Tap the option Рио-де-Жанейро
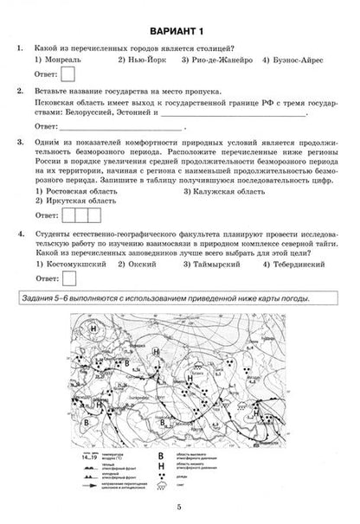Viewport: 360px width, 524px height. pyautogui.click(x=216, y=62)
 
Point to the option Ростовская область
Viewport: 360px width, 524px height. pyautogui.click(x=78, y=190)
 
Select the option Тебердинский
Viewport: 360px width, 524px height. pyautogui.click(x=294, y=265)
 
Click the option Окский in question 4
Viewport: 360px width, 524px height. pyautogui.click(x=151, y=265)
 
